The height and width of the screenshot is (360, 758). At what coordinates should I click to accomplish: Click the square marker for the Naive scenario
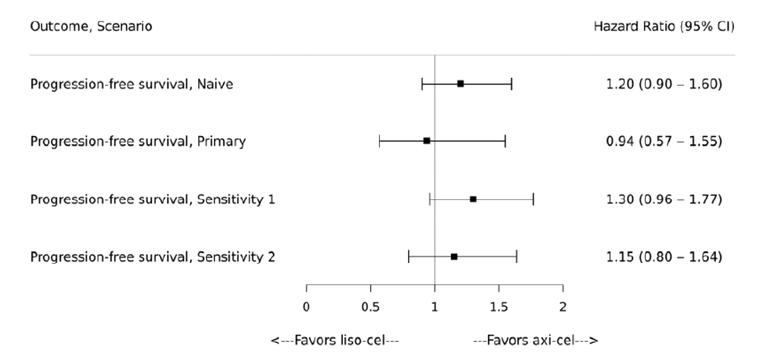point(460,84)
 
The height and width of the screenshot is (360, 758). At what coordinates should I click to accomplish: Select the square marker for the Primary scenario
point(427,141)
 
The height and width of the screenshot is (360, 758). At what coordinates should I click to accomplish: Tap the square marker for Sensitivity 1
point(473,199)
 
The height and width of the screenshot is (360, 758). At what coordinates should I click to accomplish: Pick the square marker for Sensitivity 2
point(454,257)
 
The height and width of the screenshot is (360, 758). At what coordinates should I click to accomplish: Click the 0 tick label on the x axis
point(306,307)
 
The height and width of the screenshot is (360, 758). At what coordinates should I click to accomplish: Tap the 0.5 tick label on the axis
point(371,307)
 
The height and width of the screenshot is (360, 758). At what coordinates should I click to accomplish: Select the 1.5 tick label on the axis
point(498,307)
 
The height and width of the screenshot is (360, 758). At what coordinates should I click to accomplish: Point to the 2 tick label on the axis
point(563,307)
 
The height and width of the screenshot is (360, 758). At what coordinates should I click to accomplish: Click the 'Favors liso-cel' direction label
point(335,341)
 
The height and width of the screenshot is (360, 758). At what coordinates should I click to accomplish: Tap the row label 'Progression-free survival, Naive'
point(132,84)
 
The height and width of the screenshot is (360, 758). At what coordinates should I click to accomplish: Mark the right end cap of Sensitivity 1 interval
point(533,199)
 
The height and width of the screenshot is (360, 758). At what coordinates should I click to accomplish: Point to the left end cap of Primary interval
point(379,141)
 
